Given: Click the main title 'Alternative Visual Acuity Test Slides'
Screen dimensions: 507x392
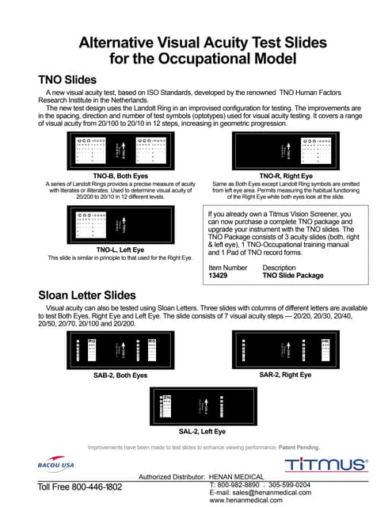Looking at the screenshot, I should (196, 43).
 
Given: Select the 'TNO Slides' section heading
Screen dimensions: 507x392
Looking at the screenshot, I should (67, 80).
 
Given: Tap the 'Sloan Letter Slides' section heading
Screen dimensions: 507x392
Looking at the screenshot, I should (87, 295).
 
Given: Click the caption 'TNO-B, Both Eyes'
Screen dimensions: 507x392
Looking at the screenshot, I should (120, 175).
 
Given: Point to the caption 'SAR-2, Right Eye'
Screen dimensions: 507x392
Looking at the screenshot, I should (285, 373).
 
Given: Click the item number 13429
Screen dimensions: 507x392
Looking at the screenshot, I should (219, 276).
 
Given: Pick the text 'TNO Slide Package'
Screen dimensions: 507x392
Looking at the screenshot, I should (292, 276).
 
